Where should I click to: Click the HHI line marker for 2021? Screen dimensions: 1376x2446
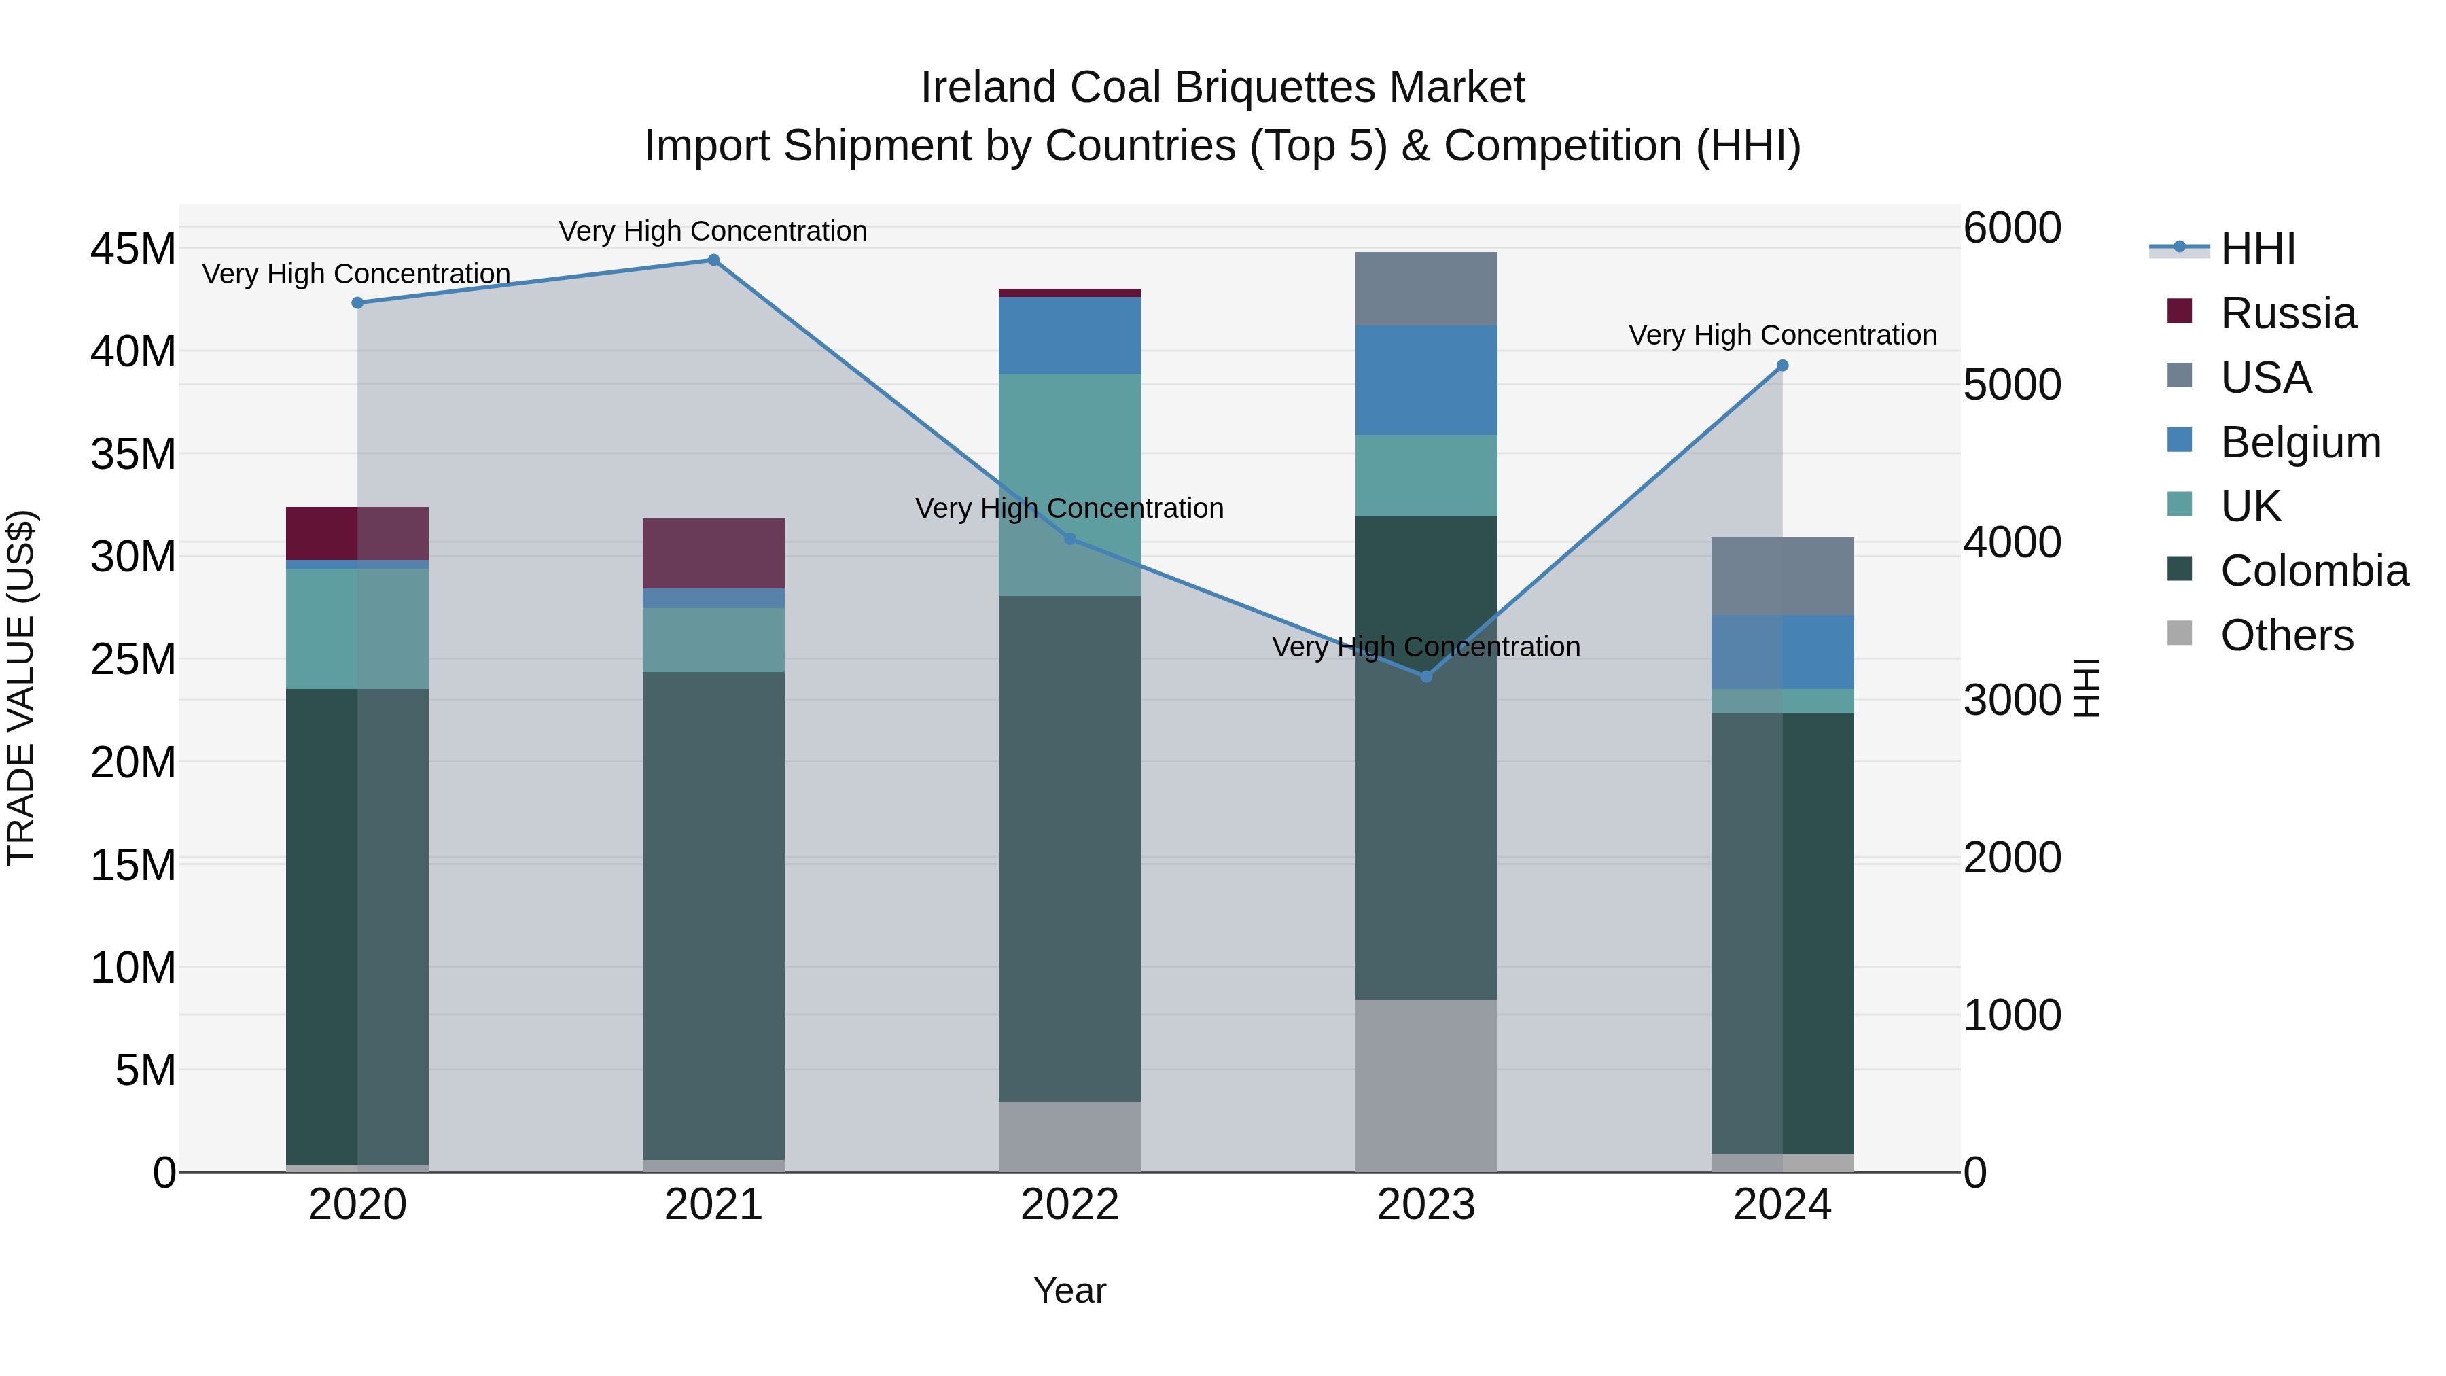[713, 260]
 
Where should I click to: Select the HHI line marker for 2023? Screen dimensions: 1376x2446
[1425, 676]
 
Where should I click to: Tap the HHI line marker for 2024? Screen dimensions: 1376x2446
[1782, 366]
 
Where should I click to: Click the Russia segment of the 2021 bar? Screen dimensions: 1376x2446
[713, 554]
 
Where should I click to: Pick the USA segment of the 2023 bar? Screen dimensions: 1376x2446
[1425, 289]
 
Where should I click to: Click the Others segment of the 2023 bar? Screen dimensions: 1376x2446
[1425, 1084]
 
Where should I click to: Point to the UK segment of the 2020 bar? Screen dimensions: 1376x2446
[357, 629]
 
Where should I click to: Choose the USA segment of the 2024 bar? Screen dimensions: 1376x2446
[1782, 576]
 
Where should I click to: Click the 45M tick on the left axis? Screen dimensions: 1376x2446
[133, 250]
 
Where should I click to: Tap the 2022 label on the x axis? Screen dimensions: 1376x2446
[1069, 1205]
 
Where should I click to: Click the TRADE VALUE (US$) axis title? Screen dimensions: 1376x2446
[22, 688]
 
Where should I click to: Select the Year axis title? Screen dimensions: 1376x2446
[1069, 1290]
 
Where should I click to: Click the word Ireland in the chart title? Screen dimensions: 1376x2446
[989, 88]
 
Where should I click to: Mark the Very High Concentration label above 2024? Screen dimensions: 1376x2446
[1782, 335]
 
